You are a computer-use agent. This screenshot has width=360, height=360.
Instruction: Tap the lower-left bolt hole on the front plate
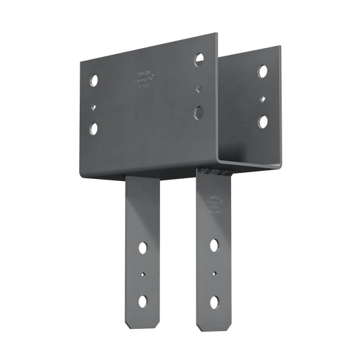click(93, 126)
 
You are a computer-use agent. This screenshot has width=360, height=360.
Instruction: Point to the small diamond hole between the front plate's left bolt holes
click(94, 103)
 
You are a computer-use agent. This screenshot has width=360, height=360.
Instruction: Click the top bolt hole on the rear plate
click(261, 71)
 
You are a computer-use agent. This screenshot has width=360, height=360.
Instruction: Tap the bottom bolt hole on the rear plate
click(261, 122)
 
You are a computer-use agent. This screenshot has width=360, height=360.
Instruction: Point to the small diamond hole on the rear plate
click(261, 97)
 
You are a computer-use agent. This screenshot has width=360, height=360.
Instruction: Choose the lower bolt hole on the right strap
click(215, 300)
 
